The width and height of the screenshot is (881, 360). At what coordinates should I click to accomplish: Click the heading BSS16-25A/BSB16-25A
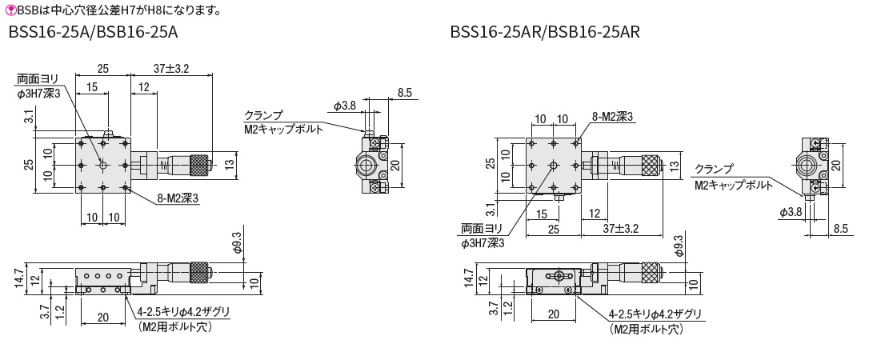(x=94, y=33)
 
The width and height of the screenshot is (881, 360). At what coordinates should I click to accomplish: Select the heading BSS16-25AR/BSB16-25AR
(x=544, y=33)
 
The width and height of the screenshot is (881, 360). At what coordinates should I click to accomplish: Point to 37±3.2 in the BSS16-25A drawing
(x=171, y=69)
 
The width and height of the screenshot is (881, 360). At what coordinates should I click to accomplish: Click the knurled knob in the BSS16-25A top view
(x=197, y=165)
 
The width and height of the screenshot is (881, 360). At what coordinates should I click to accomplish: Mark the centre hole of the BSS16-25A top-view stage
(x=102, y=165)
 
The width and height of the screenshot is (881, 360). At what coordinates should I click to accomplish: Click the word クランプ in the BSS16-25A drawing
(x=263, y=115)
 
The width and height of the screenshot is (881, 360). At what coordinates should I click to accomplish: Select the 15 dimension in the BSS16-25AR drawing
(x=543, y=214)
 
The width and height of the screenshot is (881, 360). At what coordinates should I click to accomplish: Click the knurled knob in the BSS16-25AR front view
(x=650, y=273)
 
